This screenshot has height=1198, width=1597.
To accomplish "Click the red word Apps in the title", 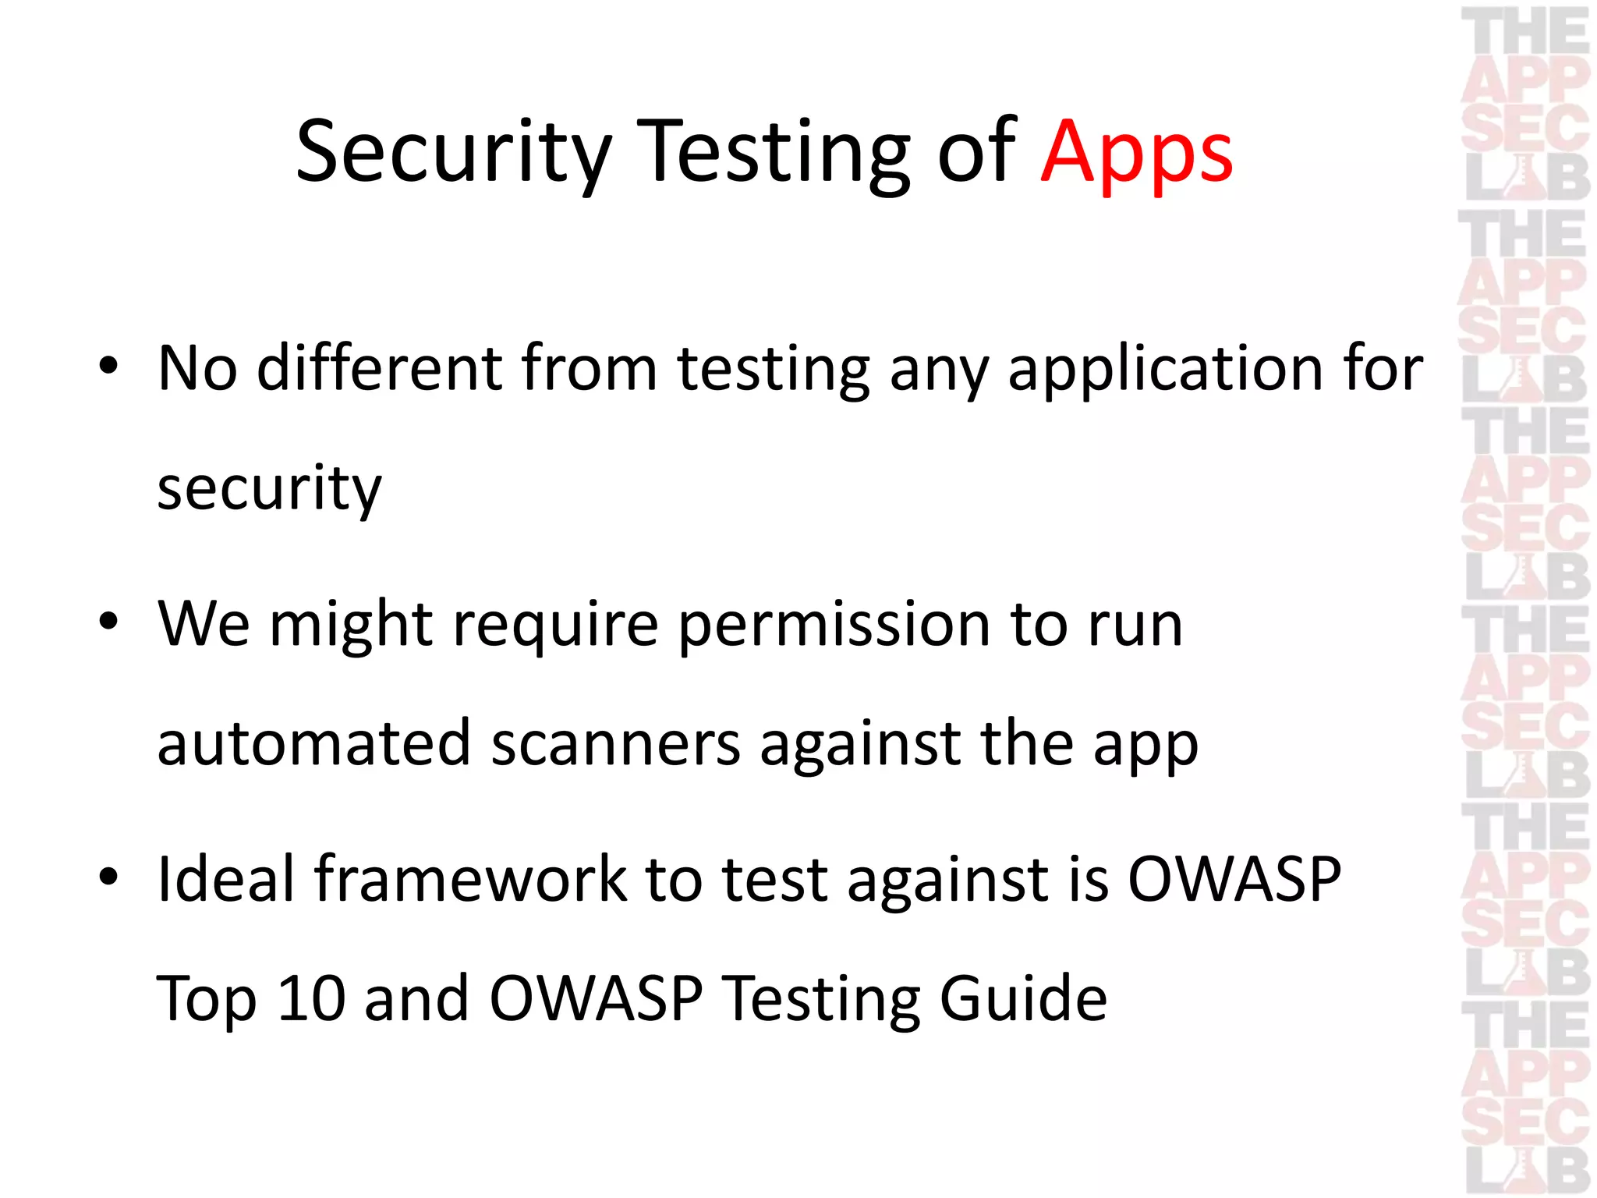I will pyautogui.click(x=1136, y=152).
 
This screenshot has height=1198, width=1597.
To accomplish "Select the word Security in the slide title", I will pyautogui.click(x=453, y=152).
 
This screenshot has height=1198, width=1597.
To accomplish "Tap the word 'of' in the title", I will pyautogui.click(x=976, y=152).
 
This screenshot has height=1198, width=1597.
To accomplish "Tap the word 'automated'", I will pyautogui.click(x=313, y=743).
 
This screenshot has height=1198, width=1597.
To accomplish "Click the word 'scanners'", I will pyautogui.click(x=615, y=743).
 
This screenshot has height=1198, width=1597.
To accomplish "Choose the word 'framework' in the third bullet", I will pyautogui.click(x=470, y=879).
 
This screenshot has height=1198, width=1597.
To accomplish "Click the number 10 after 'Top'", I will pyautogui.click(x=311, y=998).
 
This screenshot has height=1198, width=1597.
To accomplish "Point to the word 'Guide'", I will pyautogui.click(x=1023, y=998).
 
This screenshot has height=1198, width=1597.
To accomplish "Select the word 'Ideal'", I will pyautogui.click(x=226, y=879).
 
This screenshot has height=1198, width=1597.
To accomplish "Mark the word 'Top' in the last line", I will pyautogui.click(x=207, y=999).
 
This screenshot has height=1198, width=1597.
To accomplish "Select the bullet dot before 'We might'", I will pyautogui.click(x=108, y=622).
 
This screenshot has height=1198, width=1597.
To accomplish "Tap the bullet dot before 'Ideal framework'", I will pyautogui.click(x=108, y=877).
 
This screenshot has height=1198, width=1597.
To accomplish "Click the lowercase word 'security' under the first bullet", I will pyautogui.click(x=269, y=489).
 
